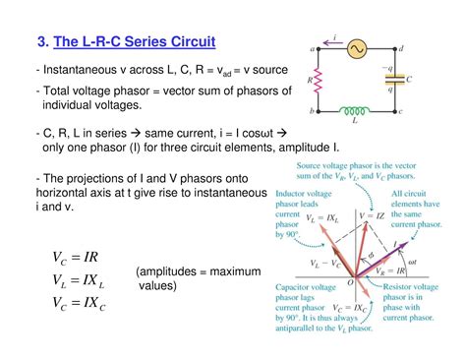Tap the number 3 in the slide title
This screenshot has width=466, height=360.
[42, 42]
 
